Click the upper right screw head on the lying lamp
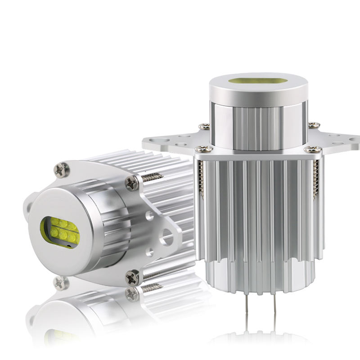132,183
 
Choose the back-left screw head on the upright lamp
204,126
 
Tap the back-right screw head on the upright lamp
314,125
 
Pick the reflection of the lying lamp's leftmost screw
60,283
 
